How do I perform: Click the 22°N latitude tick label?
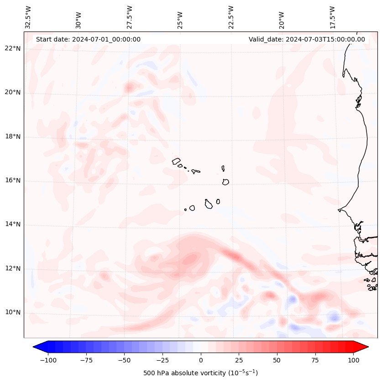pyautogui.click(x=13, y=49)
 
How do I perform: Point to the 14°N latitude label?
pyautogui.click(x=13, y=224)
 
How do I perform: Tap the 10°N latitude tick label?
pyautogui.click(x=13, y=313)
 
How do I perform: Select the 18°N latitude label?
pyautogui.click(x=13, y=136)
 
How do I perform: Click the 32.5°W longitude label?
pyautogui.click(x=28, y=17)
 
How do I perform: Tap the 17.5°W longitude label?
pyautogui.click(x=332, y=17)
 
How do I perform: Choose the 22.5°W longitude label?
pyautogui.click(x=230, y=17)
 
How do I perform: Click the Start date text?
pyautogui.click(x=88, y=39)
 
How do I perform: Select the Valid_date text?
pyautogui.click(x=307, y=39)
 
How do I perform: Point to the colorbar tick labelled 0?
pyautogui.click(x=200, y=360)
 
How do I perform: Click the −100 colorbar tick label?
pyautogui.click(x=48, y=360)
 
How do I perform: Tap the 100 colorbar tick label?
pyautogui.click(x=353, y=360)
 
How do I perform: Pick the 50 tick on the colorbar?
pyautogui.click(x=277, y=360)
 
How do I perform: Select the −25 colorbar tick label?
pyautogui.click(x=162, y=360)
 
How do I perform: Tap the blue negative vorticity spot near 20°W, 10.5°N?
pyautogui.click(x=292, y=300)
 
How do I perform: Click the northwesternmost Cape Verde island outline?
pyautogui.click(x=176, y=161)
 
